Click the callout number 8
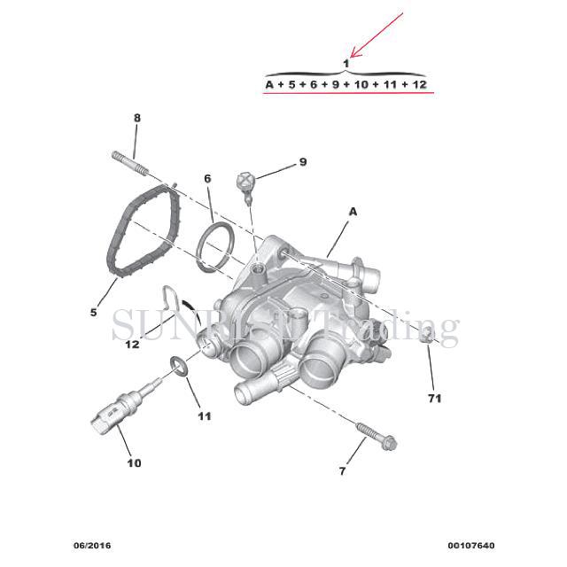pos(137,118)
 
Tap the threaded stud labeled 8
pos(130,163)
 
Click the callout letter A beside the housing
pos(353,212)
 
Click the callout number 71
pos(435,399)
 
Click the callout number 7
pos(342,471)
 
